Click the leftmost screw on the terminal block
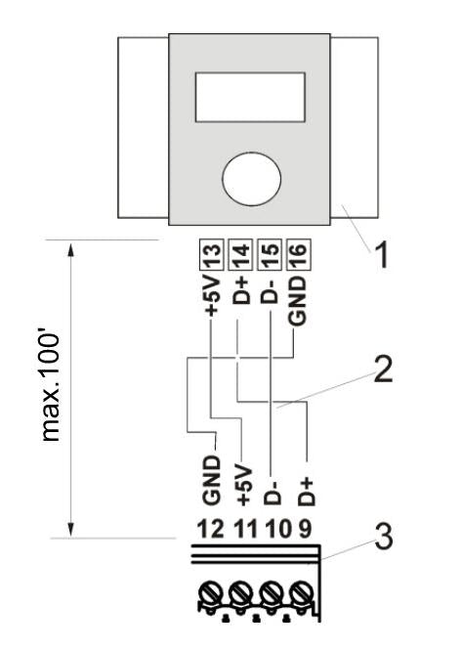coord(216,596)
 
